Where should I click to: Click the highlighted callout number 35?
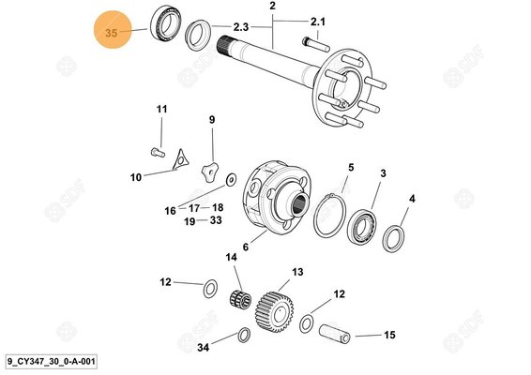point(111,33)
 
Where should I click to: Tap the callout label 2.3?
point(240,27)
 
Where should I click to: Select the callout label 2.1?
point(318,22)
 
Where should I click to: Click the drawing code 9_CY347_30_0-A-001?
point(52,362)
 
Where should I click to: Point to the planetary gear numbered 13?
point(275,311)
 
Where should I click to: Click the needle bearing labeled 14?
point(240,299)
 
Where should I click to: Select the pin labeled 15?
point(335,334)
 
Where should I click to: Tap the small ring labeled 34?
point(244,335)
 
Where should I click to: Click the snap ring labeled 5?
point(329,216)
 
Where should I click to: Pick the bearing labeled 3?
point(362,226)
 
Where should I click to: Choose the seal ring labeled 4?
point(393,239)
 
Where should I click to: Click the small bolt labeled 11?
point(158,152)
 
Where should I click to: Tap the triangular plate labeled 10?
point(180,159)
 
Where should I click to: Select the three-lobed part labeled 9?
point(209,172)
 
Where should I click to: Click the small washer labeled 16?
point(232,179)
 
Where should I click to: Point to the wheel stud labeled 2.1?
point(316,45)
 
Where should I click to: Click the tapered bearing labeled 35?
point(166,23)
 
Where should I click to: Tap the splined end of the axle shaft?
point(223,44)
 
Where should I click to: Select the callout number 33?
point(216,220)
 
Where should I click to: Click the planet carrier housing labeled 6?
point(278,199)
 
